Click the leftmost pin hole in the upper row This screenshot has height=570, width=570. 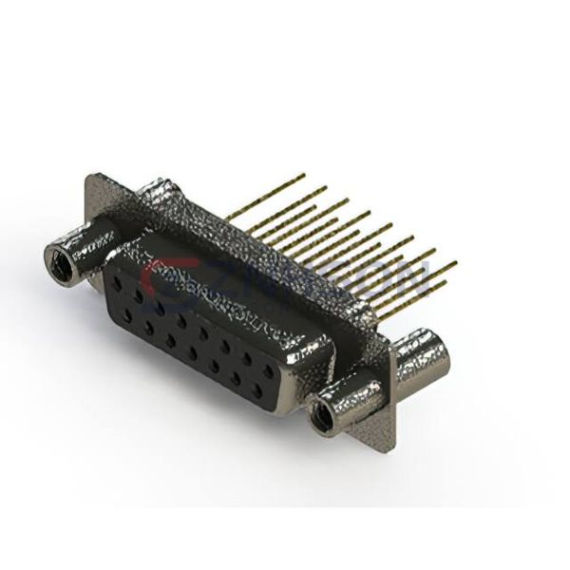116,282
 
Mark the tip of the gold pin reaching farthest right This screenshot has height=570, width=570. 455,263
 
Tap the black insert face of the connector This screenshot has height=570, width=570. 190,332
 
